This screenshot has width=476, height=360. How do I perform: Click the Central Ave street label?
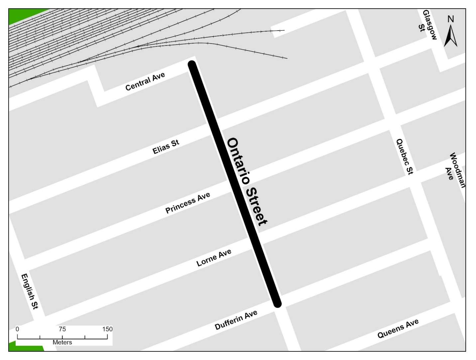tap(145, 81)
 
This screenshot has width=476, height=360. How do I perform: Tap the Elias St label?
tap(166, 147)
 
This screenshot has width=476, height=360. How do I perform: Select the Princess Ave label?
tap(187, 202)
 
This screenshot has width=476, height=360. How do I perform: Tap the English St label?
tap(30, 291)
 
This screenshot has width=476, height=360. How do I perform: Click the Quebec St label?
tap(405, 157)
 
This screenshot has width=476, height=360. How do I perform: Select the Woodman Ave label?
tap(455, 170)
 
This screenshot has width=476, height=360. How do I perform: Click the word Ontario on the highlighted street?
tap(238, 161)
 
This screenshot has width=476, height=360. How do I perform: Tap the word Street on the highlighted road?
tap(256, 206)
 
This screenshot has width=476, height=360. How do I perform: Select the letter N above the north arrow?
tap(450, 19)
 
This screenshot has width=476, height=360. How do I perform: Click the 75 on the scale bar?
tap(62, 329)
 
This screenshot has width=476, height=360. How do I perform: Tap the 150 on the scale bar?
tap(107, 329)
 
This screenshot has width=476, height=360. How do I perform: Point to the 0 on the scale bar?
tap(17, 329)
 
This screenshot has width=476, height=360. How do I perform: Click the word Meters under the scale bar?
tap(62, 342)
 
